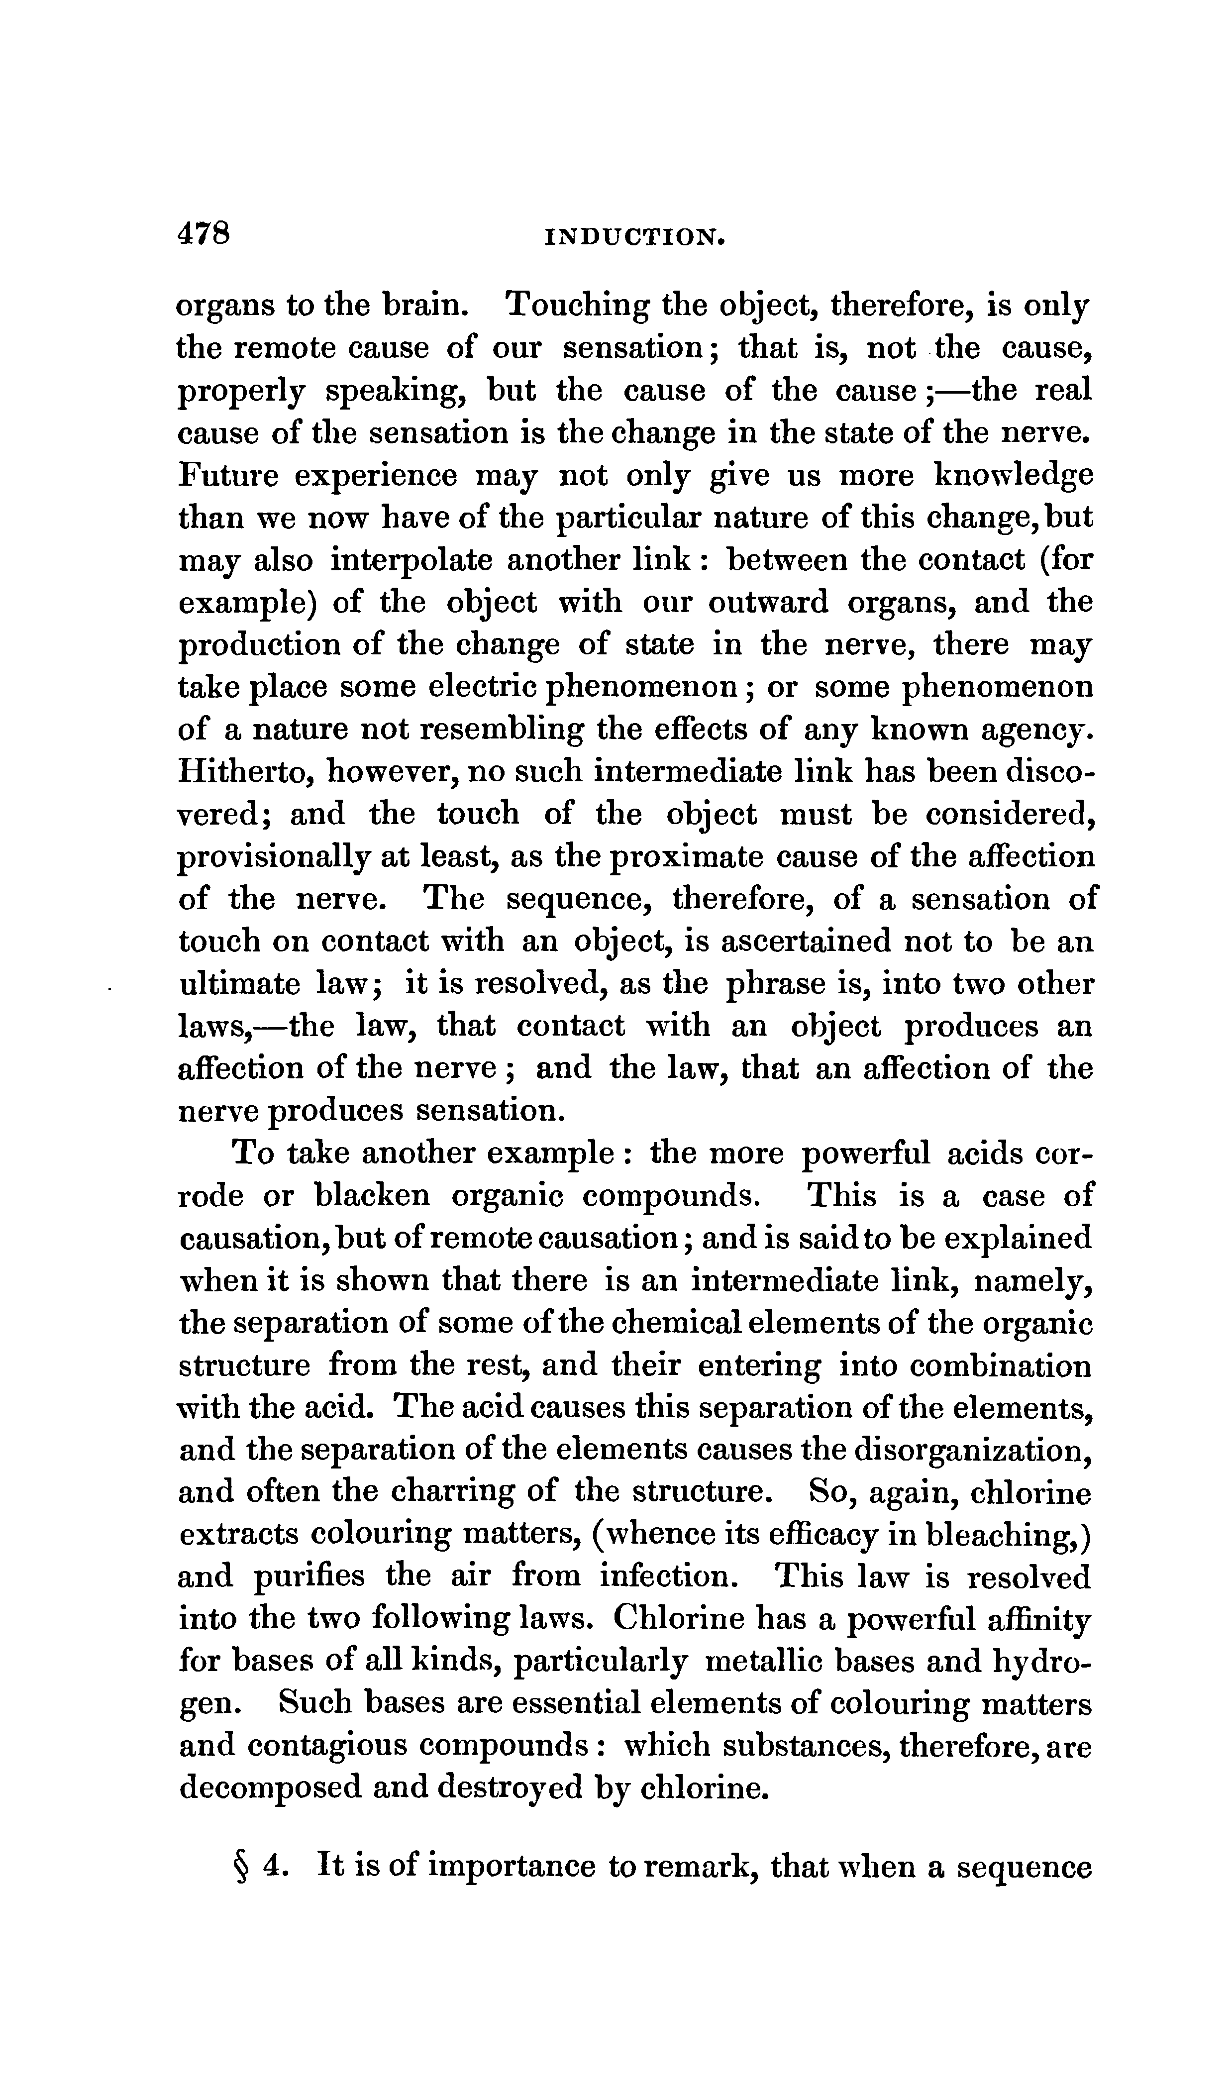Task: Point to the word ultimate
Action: tap(239, 984)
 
